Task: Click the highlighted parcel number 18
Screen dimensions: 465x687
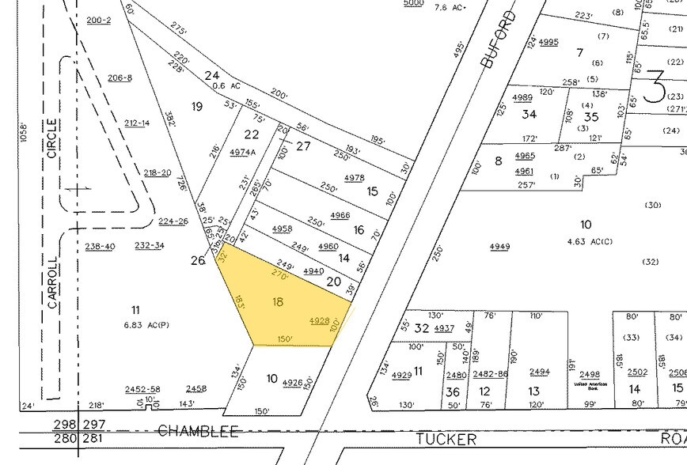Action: click(x=277, y=301)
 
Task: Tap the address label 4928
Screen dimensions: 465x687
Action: click(x=319, y=321)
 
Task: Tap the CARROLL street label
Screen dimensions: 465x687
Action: click(x=52, y=282)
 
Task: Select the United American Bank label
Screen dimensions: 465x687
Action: click(x=589, y=385)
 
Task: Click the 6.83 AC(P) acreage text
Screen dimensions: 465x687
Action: click(x=146, y=325)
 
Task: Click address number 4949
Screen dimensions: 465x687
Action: click(x=499, y=247)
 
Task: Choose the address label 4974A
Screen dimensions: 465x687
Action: click(x=242, y=152)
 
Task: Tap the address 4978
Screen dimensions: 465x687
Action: click(x=355, y=178)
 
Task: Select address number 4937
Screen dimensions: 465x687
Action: click(x=444, y=328)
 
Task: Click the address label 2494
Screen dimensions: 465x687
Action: click(x=539, y=372)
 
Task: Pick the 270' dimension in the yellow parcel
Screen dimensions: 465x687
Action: click(x=278, y=274)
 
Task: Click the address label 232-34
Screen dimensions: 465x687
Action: click(x=149, y=246)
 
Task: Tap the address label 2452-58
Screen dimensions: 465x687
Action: click(x=142, y=389)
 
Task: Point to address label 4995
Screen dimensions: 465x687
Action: click(x=548, y=42)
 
